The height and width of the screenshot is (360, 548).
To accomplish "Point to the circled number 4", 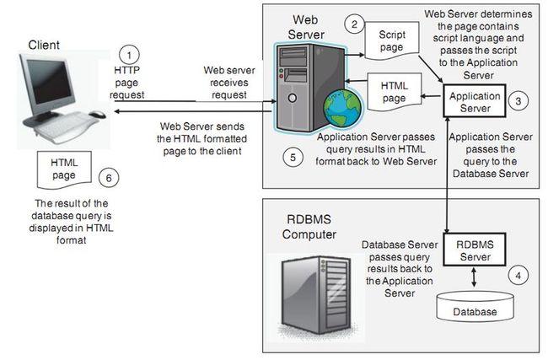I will pos(518,274).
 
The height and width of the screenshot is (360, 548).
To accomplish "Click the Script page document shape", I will pos(390,45).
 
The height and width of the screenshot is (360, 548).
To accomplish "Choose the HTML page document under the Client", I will pos(64,168).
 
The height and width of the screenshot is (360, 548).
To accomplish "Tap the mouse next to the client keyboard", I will pos(98,114).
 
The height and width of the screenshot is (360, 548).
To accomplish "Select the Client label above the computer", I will pos(44,44).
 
